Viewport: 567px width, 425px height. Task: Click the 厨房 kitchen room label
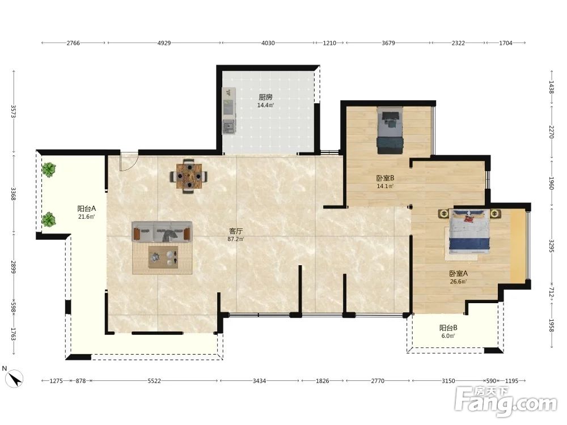click(265, 97)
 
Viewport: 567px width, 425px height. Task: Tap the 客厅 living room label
click(236, 231)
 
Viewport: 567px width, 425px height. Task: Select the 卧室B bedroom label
click(385, 178)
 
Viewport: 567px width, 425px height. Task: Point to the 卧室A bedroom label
click(459, 274)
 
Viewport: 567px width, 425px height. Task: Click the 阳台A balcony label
click(86, 209)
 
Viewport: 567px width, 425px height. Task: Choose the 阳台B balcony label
click(448, 328)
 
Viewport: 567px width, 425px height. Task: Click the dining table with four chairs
click(189, 176)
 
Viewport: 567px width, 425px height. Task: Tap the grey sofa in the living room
click(162, 231)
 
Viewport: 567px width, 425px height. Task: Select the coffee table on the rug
click(163, 257)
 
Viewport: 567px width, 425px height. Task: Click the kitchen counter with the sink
click(229, 110)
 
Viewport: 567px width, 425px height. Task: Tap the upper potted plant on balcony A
click(48, 169)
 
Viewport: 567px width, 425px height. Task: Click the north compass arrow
click(15, 379)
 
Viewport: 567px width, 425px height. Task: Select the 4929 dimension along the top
click(164, 43)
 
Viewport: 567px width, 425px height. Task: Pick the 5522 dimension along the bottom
click(154, 381)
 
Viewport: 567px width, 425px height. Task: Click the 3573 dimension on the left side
click(14, 111)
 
